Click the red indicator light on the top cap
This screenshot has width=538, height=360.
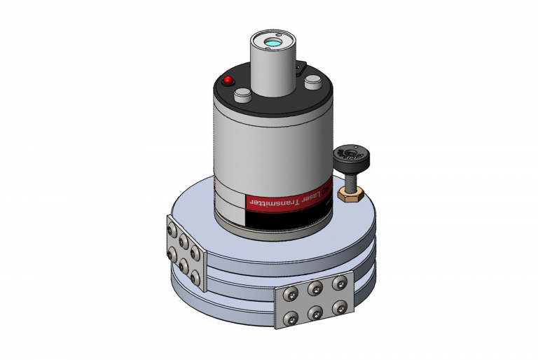pos(228,81)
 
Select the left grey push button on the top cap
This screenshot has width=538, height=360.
pos(243,96)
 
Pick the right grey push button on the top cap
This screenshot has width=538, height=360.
pos(312,83)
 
